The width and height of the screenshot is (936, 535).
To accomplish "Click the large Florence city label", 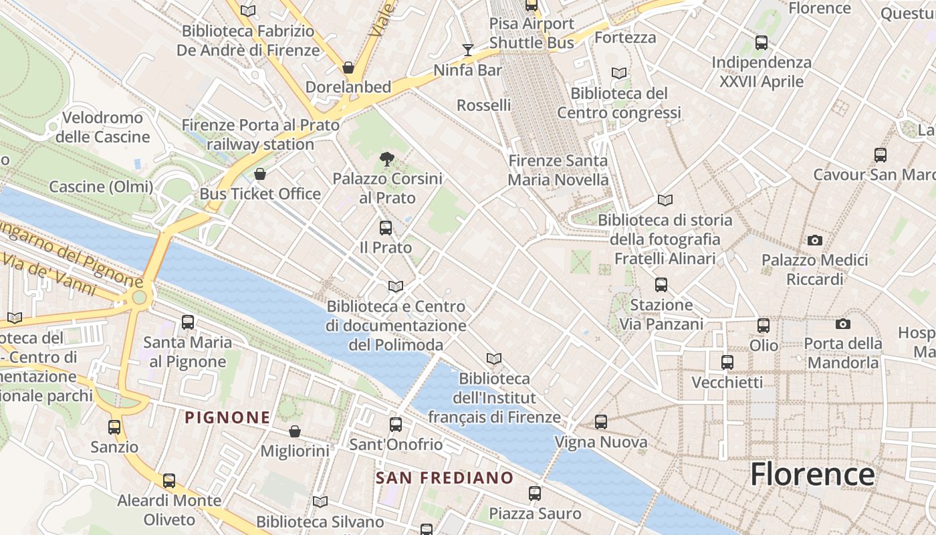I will pos(812,475).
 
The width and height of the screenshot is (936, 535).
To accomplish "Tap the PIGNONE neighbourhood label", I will pos(227,418).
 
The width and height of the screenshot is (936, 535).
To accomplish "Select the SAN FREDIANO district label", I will pos(444,478).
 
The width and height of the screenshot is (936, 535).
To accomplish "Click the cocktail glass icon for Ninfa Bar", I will pos(468,50).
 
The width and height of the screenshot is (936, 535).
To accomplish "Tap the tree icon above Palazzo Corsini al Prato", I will pos(386,159).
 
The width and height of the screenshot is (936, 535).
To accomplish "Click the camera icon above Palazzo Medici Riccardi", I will pos(814,240).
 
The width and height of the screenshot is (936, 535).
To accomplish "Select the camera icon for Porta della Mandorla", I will pos(843,324).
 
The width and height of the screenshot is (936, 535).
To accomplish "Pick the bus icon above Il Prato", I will pos(386,227).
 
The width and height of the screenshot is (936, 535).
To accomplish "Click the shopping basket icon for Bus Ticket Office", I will pos(260,175).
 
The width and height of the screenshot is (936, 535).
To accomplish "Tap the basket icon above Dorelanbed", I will pos(348,68).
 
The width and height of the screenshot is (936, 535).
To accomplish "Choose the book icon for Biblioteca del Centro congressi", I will pos(619,74).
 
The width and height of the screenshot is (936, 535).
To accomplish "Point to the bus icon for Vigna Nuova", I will pos(601,422).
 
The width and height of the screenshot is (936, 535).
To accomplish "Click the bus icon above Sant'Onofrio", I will pos(396,425).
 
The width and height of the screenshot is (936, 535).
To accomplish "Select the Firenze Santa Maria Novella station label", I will pos(558,170).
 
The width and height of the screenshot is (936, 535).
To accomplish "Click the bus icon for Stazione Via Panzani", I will pos(661,285).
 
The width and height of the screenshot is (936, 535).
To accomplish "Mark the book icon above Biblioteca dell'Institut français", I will pos(494,359).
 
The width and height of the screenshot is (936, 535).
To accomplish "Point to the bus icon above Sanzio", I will pos(114,427).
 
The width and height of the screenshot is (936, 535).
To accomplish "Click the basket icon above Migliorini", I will pos(294,431).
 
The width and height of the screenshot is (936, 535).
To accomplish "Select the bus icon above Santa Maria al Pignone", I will pos(188,322).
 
